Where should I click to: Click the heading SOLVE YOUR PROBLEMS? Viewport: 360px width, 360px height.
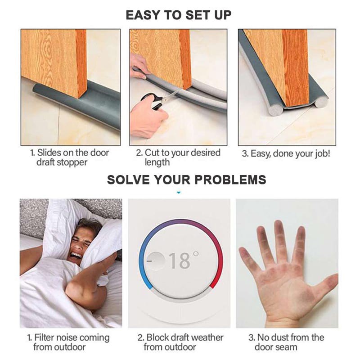tap(186, 180)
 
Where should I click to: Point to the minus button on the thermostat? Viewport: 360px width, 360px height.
tap(153, 260)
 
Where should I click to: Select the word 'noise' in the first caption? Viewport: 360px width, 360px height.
tap(67, 337)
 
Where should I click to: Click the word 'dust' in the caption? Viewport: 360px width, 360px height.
tap(282, 337)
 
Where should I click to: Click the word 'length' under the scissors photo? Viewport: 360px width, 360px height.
tap(157, 162)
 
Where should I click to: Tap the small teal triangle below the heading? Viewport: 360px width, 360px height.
tap(179, 193)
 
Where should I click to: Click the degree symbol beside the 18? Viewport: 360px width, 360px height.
tap(196, 255)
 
